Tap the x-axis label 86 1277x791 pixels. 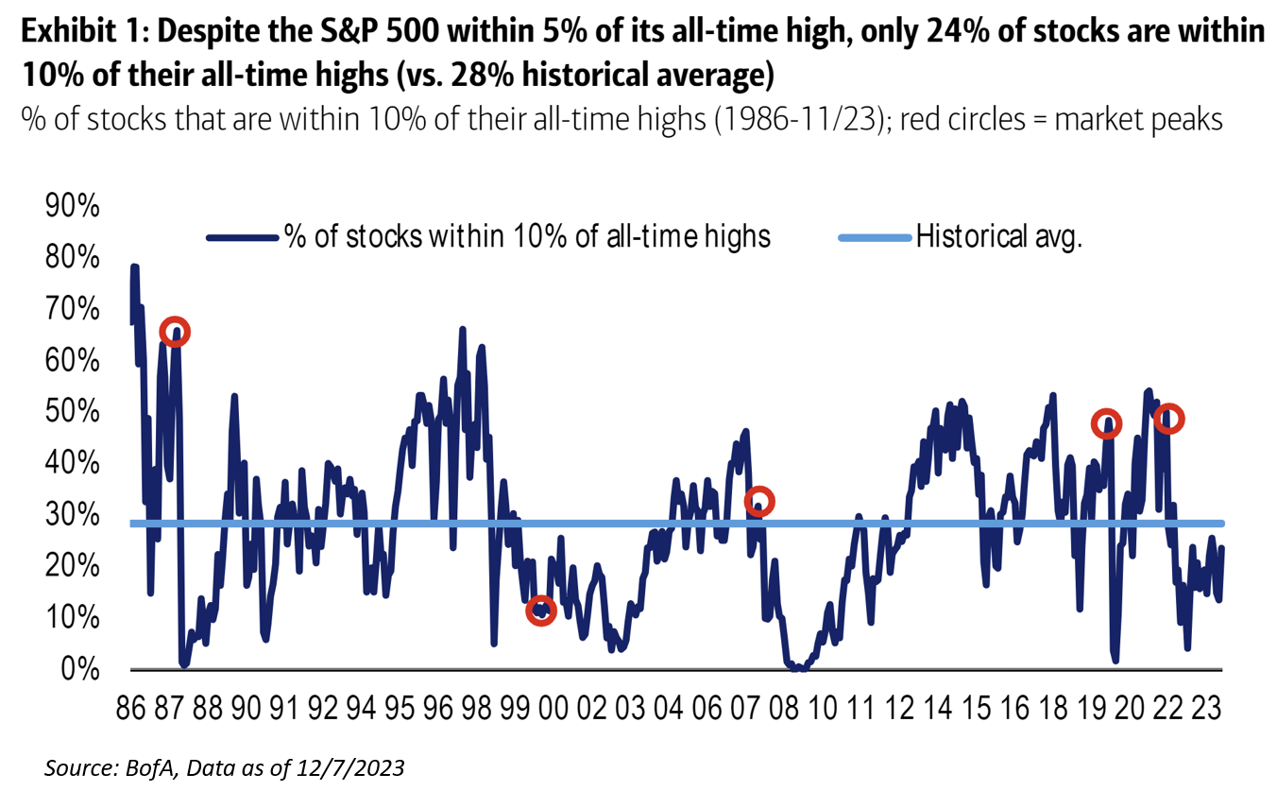click(x=131, y=708)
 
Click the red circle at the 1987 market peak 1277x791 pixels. click(x=175, y=332)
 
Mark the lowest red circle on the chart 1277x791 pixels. click(x=540, y=610)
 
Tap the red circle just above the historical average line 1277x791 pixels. click(x=758, y=502)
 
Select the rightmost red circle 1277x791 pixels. click(x=1169, y=418)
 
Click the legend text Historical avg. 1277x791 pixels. click(x=999, y=236)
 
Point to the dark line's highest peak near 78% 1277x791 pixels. click(x=135, y=267)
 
